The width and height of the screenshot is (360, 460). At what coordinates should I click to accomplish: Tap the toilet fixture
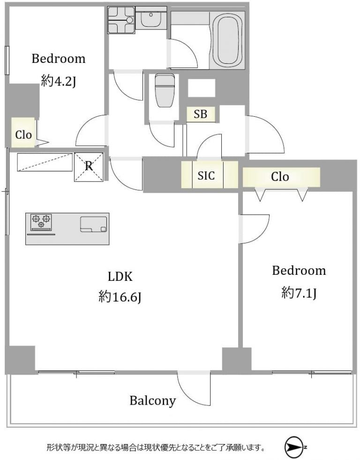(x=165, y=90)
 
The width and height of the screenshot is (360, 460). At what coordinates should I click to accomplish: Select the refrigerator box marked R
(x=89, y=166)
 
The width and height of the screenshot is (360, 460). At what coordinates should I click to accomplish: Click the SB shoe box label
(x=201, y=114)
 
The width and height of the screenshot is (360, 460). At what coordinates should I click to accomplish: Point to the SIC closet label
(x=206, y=175)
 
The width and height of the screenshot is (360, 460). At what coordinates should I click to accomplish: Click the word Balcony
(x=152, y=400)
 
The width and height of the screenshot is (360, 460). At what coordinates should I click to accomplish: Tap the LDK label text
(x=120, y=276)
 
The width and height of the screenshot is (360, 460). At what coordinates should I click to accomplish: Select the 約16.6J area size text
(x=120, y=297)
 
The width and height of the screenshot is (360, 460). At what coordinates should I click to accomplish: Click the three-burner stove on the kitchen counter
(x=41, y=221)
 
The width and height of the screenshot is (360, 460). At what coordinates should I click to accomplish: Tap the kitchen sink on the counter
(x=94, y=224)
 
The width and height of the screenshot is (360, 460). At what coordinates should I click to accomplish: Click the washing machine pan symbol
(x=121, y=20)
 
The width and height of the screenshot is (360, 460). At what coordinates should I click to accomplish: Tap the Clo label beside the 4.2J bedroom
(x=23, y=135)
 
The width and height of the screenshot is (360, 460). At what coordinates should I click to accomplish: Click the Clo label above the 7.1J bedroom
(x=280, y=177)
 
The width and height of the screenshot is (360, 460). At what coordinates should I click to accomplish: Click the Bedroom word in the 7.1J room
(x=299, y=271)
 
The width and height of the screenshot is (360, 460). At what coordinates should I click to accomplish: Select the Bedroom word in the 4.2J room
(x=58, y=59)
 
